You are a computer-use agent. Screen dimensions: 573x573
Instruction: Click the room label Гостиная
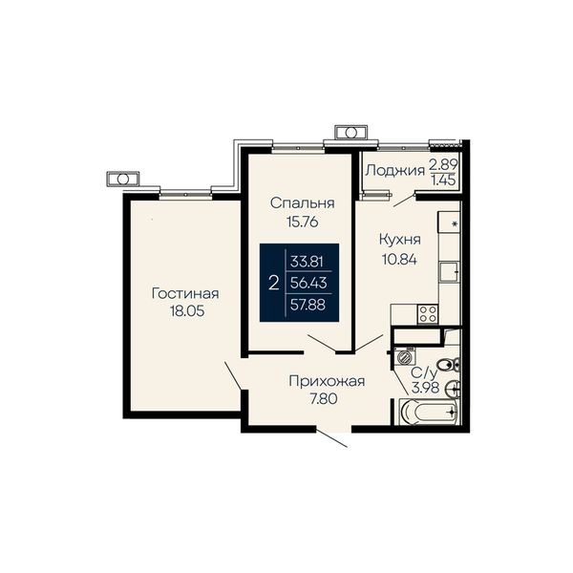click(x=185, y=293)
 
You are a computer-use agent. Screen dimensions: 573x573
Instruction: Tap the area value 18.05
click(x=187, y=311)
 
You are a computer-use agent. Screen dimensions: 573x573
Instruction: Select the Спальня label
click(x=302, y=203)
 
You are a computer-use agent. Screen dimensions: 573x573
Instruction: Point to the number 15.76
click(x=302, y=222)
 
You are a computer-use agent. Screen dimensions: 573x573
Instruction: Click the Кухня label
click(x=400, y=240)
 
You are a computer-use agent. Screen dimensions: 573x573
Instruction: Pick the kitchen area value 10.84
click(x=399, y=260)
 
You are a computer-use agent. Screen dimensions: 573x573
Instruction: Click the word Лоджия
click(x=395, y=171)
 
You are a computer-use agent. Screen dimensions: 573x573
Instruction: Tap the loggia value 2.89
click(x=443, y=164)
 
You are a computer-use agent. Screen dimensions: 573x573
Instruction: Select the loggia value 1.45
click(x=444, y=180)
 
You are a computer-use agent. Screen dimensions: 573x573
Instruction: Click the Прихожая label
click(x=327, y=381)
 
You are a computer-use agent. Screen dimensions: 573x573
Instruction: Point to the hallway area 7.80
click(x=324, y=398)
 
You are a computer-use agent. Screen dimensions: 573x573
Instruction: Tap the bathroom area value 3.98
click(x=425, y=388)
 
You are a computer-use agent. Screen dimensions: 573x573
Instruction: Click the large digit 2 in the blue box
click(x=274, y=283)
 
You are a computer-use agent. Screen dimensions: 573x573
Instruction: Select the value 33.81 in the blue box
click(x=307, y=262)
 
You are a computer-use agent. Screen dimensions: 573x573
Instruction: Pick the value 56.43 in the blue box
click(x=308, y=283)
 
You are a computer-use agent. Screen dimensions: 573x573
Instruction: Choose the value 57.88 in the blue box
click(x=308, y=305)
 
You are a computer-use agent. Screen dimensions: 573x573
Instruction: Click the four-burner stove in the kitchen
click(x=428, y=314)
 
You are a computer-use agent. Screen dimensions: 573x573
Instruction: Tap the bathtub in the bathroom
click(x=429, y=412)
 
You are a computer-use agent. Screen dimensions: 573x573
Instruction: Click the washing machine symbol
click(x=404, y=356)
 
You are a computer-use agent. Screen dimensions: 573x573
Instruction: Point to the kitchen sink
click(x=450, y=272)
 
